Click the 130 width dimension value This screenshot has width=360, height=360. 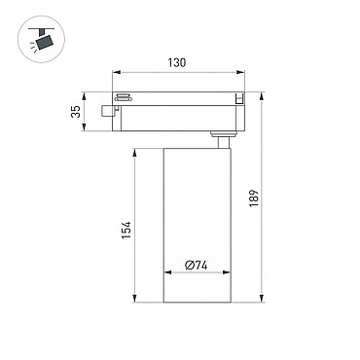point(177,62)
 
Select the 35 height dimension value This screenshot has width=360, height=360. point(76,112)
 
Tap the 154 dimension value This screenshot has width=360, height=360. point(126,231)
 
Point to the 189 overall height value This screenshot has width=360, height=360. point(254,198)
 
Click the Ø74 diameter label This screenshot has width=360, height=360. point(197,266)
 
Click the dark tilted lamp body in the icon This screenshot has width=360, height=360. point(45,43)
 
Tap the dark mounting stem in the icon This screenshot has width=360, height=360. point(41,32)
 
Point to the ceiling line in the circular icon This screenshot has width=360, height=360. point(42,29)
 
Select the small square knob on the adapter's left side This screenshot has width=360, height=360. point(106,111)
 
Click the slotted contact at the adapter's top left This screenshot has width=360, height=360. point(123,97)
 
